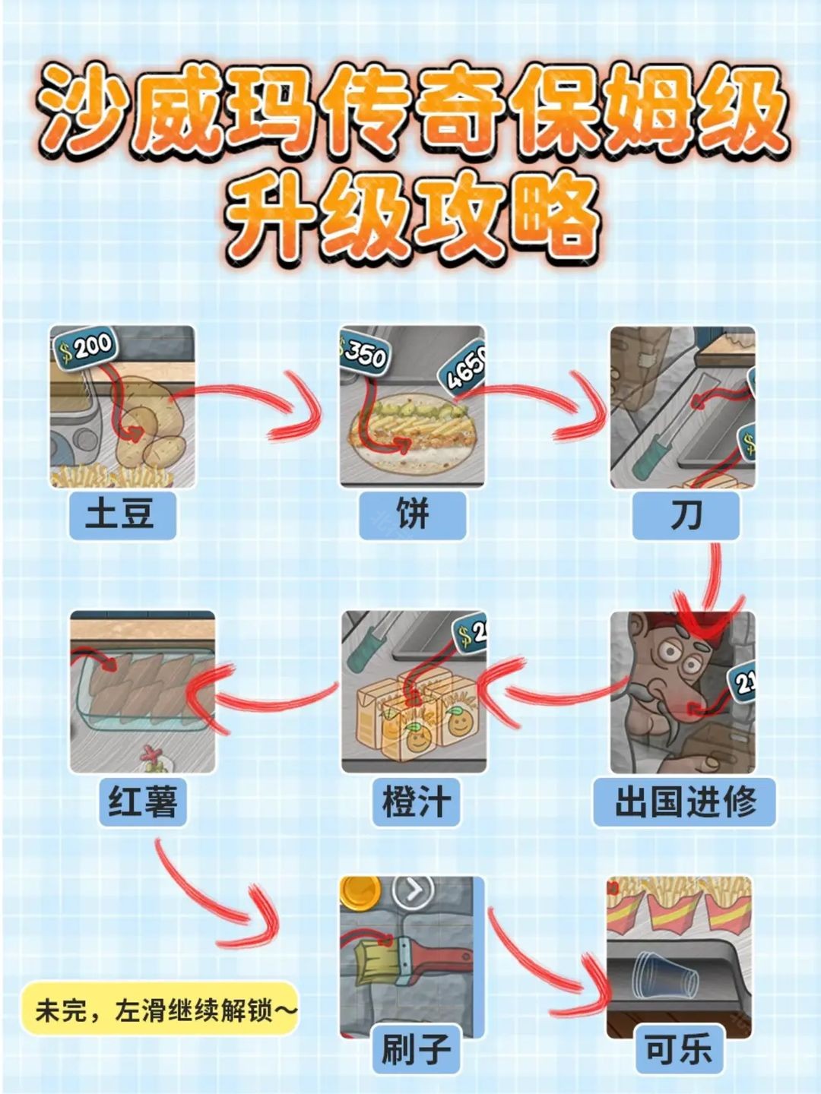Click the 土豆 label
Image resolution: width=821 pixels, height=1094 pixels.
tap(122, 514)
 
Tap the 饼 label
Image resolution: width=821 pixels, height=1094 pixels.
tap(412, 514)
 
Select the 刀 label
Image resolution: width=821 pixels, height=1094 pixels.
tap(686, 515)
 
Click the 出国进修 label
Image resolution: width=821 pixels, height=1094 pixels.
tap(684, 802)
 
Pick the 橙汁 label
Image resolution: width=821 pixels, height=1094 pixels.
tap(416, 802)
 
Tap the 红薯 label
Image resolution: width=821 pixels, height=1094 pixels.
tap(142, 802)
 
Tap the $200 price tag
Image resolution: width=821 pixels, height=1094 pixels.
tap(85, 348)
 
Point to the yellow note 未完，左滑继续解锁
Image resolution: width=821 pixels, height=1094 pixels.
tap(160, 1010)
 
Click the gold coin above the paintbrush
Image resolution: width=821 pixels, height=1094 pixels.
tap(360, 890)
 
